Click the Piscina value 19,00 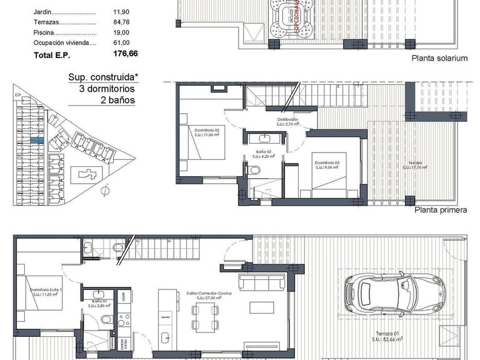coord(121,32)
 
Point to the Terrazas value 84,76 coord(121,22)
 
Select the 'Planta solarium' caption coord(439,58)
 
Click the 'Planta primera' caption coord(441,210)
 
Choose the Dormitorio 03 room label coord(327,164)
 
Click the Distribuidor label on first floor coord(287,121)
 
